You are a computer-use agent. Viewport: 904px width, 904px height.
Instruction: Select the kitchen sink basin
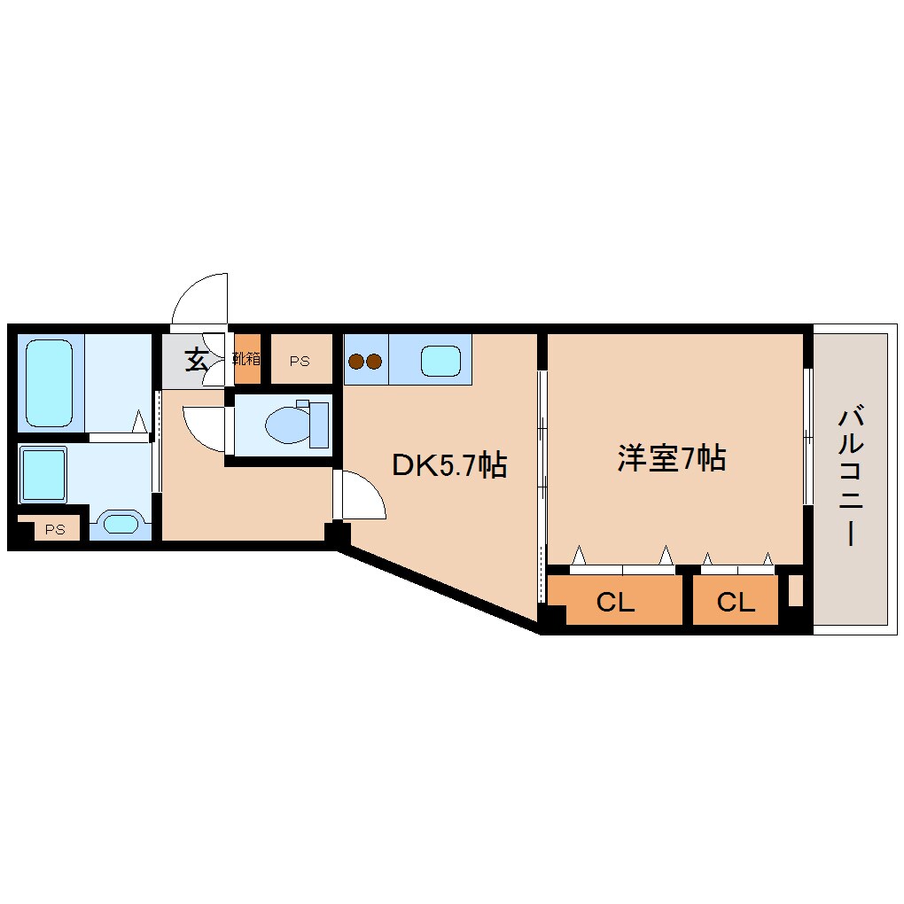coord(440,361)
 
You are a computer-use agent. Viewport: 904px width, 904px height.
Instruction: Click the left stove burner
coord(356,362)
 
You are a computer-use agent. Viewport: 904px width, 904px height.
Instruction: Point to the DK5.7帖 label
coord(449,465)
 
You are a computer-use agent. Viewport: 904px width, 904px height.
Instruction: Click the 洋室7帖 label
coord(672,458)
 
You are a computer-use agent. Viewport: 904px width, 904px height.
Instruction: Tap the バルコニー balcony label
coord(851,475)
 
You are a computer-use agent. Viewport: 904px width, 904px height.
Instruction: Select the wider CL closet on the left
coord(615,603)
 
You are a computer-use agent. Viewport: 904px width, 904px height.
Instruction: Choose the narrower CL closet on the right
coord(736,603)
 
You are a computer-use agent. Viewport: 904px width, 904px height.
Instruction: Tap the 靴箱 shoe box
coord(247,359)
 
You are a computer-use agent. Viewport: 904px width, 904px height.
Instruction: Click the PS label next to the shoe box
coord(300,361)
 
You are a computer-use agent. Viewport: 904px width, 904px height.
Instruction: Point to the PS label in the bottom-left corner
coord(55,530)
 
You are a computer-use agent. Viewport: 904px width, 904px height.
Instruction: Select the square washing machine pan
coord(44,475)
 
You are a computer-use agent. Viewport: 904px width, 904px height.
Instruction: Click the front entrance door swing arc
coord(201,299)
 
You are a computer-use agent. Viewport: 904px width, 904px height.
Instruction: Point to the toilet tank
coord(318,425)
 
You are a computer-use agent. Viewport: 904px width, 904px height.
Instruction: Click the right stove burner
coord(373,362)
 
